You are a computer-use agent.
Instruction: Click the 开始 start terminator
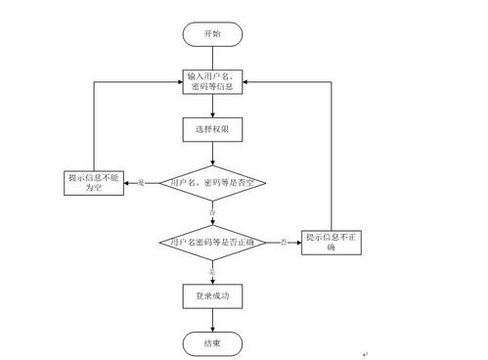point(212,33)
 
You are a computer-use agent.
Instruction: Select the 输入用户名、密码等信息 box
point(212,82)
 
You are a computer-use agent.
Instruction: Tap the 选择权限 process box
point(212,130)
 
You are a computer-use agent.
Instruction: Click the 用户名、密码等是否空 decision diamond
point(212,183)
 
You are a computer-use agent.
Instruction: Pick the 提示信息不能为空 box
point(95,183)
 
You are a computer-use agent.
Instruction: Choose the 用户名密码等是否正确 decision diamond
point(212,241)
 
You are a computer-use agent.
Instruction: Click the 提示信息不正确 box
point(332,241)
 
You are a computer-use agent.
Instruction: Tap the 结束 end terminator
point(212,343)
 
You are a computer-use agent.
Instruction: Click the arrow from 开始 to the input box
point(212,58)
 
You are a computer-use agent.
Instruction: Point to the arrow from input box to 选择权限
point(212,107)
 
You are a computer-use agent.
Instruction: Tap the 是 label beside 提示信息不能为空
point(141,183)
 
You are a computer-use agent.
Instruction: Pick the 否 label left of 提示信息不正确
point(284,241)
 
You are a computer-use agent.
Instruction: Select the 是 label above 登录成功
point(212,269)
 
